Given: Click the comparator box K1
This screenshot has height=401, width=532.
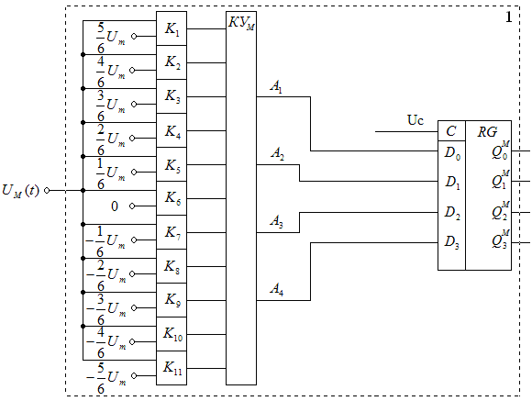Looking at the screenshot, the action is coord(172,28).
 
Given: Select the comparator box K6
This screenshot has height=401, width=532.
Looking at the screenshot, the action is coord(172,198).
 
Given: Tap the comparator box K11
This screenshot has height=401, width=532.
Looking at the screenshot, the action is coord(172,368).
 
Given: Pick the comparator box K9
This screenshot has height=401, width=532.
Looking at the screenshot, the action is coord(172,300).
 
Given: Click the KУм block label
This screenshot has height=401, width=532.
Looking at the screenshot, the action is coord(241,23).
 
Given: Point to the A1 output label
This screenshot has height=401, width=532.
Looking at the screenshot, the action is coord(276,87).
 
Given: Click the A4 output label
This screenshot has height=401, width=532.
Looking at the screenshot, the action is coord(276,289).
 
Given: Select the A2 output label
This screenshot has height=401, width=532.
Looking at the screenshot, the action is coord(277,154).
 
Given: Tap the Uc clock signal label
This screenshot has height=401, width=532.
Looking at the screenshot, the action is coord(416,120).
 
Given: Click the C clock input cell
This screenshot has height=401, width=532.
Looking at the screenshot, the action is coord(451,130).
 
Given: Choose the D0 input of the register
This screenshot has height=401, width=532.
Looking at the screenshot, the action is coord(452,153).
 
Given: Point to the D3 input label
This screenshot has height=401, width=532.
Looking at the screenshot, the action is coord(452,242).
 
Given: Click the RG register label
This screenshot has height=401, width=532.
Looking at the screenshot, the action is coord(487,132).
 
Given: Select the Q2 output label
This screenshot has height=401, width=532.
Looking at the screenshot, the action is coord(501,211).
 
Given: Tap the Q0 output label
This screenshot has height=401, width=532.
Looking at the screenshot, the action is coord(501,150).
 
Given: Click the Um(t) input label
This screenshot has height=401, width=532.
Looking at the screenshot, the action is coord(21,191).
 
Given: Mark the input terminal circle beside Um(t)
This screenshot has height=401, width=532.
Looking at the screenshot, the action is coord(47,191).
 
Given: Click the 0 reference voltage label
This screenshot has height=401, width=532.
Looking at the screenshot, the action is coord(115,206).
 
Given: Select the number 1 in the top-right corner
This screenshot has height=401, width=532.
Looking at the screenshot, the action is coord(508,17).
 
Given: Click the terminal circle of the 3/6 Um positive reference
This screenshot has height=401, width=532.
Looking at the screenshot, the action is coord(134,105).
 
